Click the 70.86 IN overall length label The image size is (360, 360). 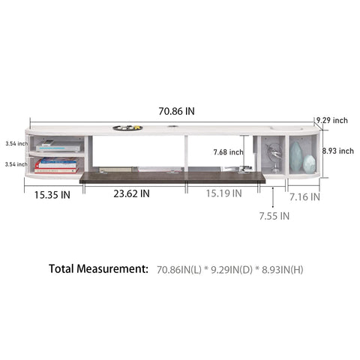tap(176, 111)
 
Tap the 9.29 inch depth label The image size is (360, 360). tap(332, 120)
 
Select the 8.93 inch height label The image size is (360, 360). tap(337, 151)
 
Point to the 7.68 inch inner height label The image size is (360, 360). tap(228, 151)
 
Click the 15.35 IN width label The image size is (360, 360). tap(52, 195)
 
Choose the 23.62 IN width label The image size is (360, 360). tap(131, 193)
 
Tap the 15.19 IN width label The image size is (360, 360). tap(223, 193)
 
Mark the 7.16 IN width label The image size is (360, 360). tap(304, 197)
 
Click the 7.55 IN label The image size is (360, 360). tap(274, 216)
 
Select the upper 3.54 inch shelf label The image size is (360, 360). tap(16, 143)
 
